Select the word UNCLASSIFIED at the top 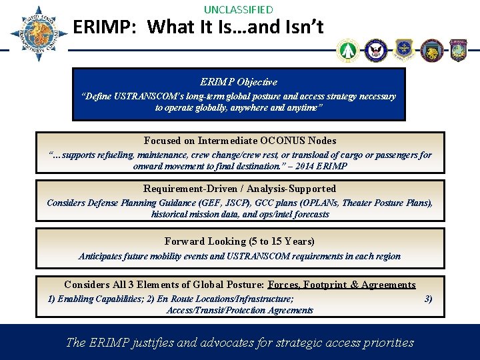click(x=238, y=9)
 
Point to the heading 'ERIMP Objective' click(x=239, y=82)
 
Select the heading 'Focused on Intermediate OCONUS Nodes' click(x=240, y=141)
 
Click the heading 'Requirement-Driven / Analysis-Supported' click(x=240, y=189)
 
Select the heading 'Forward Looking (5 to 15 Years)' click(x=239, y=241)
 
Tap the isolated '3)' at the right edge click(x=428, y=299)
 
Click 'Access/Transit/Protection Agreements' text click(x=239, y=310)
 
